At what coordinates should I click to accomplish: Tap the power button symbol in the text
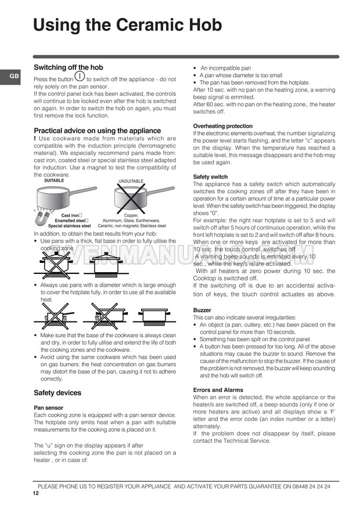point(80,75)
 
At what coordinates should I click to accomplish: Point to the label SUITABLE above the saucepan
point(54,181)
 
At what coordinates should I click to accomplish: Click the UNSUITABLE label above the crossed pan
point(131,182)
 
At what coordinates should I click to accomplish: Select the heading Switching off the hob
point(69,67)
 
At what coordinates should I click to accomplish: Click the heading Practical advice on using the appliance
point(97,131)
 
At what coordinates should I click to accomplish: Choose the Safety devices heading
point(57,393)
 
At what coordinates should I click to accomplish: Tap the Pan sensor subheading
point(48,408)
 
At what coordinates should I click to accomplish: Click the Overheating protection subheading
point(222,126)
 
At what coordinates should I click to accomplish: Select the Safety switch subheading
point(210,176)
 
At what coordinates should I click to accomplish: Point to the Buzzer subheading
point(201,311)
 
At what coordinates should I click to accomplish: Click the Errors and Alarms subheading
point(218,390)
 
